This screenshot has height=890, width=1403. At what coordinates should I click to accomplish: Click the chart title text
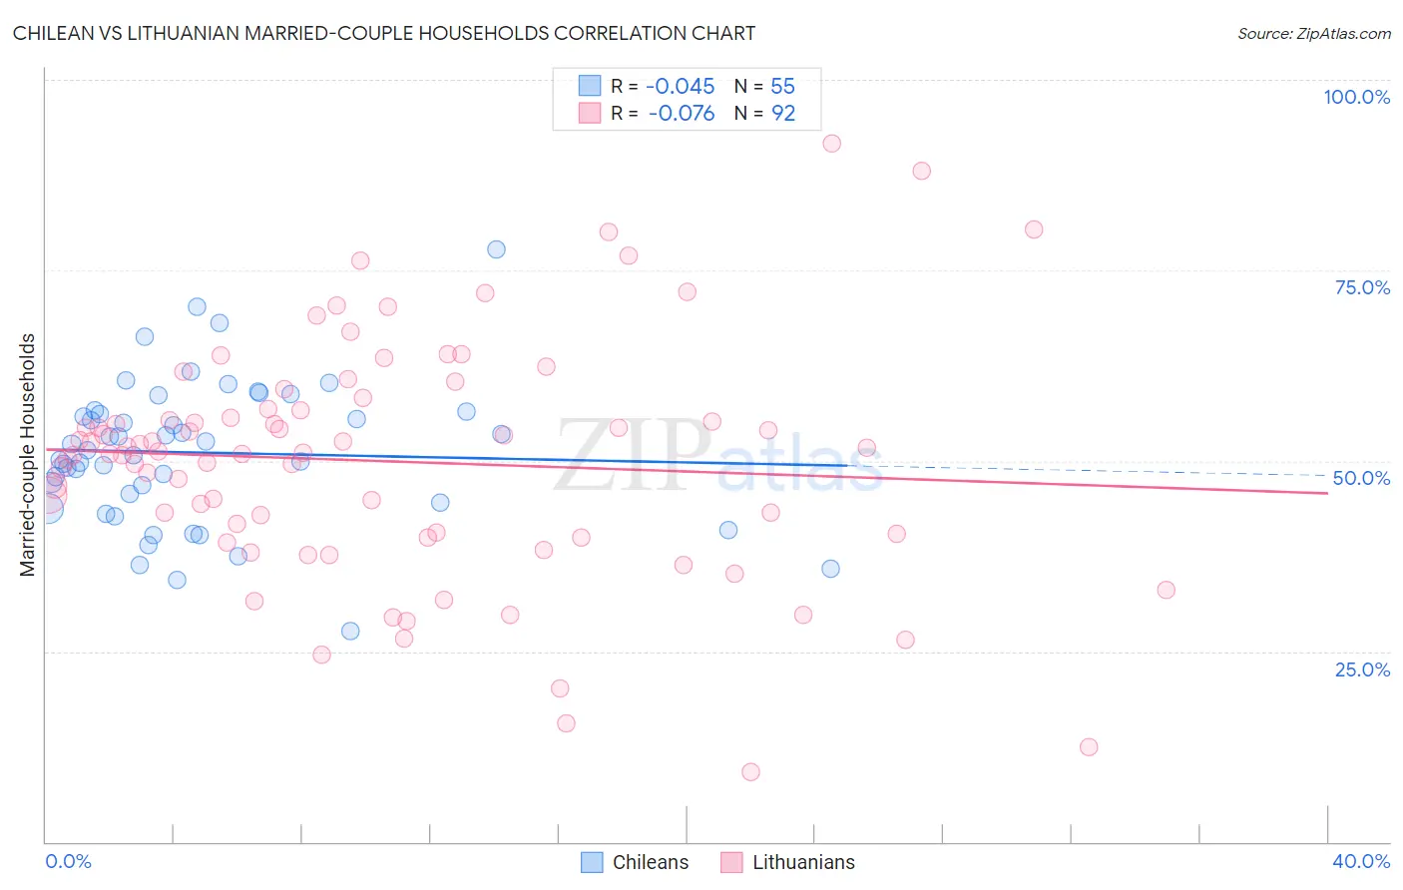383,33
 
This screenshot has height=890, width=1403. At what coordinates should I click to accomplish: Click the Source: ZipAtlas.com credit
1313,34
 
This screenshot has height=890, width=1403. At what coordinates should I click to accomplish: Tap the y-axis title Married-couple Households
28,455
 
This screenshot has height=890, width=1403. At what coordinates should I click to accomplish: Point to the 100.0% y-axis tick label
1356,97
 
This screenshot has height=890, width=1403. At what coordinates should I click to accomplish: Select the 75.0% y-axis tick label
1362,287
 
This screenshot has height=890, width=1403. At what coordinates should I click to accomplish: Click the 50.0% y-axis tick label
1361,478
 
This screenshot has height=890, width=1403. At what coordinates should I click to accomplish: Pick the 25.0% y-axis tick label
1362,668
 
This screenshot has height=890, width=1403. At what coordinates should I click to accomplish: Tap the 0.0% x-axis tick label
68,861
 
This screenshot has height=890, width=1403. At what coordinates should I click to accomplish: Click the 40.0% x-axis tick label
1361,861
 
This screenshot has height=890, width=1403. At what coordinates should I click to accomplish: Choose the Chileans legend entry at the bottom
635,862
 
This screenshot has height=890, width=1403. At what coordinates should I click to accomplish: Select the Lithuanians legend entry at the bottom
787,862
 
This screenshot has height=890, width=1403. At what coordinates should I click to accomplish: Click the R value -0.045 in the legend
681,87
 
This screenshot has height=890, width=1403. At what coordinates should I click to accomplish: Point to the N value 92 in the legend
783,114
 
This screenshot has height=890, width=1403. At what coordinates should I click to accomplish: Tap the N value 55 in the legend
782,87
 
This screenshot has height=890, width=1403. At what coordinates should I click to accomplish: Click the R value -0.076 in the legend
681,114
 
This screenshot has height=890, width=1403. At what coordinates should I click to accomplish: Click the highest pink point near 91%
831,144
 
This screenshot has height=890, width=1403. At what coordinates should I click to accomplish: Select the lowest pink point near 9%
750,772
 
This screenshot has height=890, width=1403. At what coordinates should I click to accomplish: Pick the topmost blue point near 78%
496,249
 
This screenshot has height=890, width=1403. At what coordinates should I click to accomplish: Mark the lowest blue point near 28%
350,632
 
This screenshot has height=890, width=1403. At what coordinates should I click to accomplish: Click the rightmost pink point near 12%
1089,747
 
